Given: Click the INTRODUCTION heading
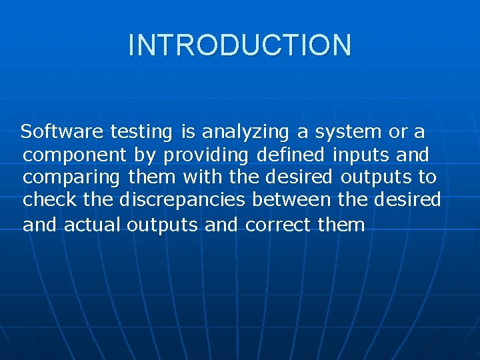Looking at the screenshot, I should (x=239, y=45).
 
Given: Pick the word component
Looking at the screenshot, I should (x=74, y=156).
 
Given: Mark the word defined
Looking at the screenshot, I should (x=290, y=155).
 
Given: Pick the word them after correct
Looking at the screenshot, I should (x=341, y=225).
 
